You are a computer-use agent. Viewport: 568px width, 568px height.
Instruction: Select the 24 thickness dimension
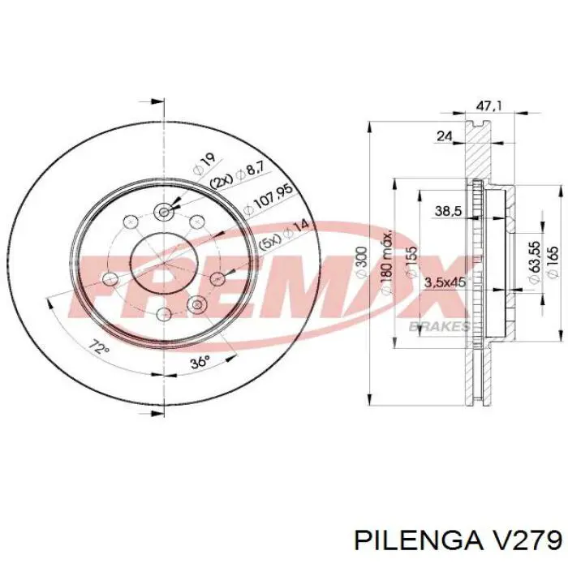(x=443, y=136)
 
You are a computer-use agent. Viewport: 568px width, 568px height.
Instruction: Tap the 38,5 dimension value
(x=448, y=211)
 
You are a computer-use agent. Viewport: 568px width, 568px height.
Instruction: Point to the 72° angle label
(x=98, y=350)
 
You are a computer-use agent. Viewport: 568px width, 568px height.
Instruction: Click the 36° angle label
(x=200, y=362)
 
